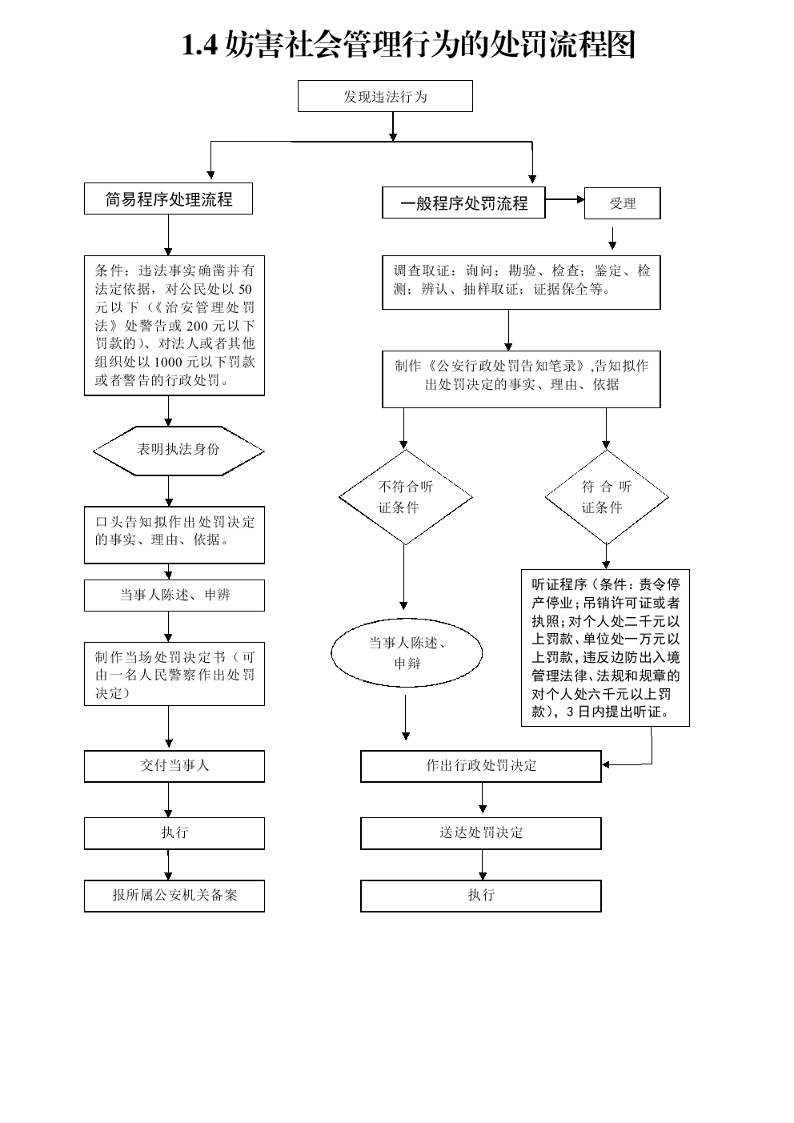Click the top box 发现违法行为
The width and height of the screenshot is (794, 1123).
pos(385,96)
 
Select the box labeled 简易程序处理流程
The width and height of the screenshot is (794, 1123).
pos(168,199)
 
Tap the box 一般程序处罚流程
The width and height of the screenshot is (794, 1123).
pos(463,203)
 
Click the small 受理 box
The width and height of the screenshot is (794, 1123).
pos(622,203)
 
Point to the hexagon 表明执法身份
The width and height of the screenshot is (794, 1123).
pos(178,451)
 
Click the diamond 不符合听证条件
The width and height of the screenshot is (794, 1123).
pos(406,497)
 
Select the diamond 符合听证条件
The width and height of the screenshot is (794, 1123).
pos(607,497)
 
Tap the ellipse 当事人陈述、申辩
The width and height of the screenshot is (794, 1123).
pos(407,652)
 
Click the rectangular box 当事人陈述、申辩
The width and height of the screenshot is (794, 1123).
pos(174,595)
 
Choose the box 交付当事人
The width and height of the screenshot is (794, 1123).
pos(174,766)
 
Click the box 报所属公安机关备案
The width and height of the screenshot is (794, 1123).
pos(174,896)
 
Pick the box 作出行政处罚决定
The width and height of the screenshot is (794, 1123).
pos(481,766)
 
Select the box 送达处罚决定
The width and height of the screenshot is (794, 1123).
pos(481,833)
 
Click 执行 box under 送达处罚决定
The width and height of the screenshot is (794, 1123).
pos(481,896)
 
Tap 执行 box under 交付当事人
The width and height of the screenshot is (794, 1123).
pos(174,833)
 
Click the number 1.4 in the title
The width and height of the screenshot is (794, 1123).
pos(199,45)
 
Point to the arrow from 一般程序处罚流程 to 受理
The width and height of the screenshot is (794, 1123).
pos(565,199)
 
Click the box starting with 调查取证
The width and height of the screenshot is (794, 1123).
pos(521,283)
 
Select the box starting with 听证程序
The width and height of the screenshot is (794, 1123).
pos(606,648)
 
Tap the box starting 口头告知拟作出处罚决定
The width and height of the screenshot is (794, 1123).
pos(174,535)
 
